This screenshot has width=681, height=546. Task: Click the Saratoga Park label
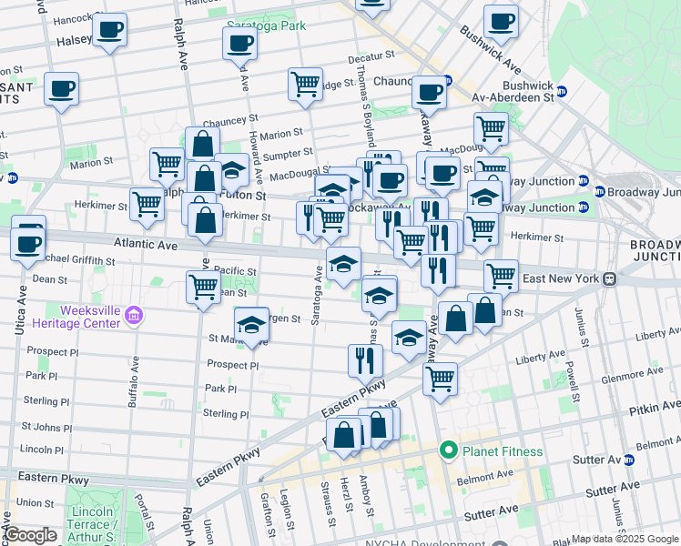[266, 26]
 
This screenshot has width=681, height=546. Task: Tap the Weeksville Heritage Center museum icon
[134, 317]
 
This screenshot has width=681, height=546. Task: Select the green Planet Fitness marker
[448, 450]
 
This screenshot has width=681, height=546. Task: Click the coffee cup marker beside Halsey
[109, 30]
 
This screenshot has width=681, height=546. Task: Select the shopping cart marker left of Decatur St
[306, 84]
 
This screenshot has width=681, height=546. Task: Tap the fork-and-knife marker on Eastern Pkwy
[365, 360]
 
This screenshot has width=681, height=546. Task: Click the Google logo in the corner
[29, 535]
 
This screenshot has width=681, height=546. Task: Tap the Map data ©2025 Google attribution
[625, 539]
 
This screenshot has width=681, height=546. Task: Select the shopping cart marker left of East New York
[501, 275]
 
